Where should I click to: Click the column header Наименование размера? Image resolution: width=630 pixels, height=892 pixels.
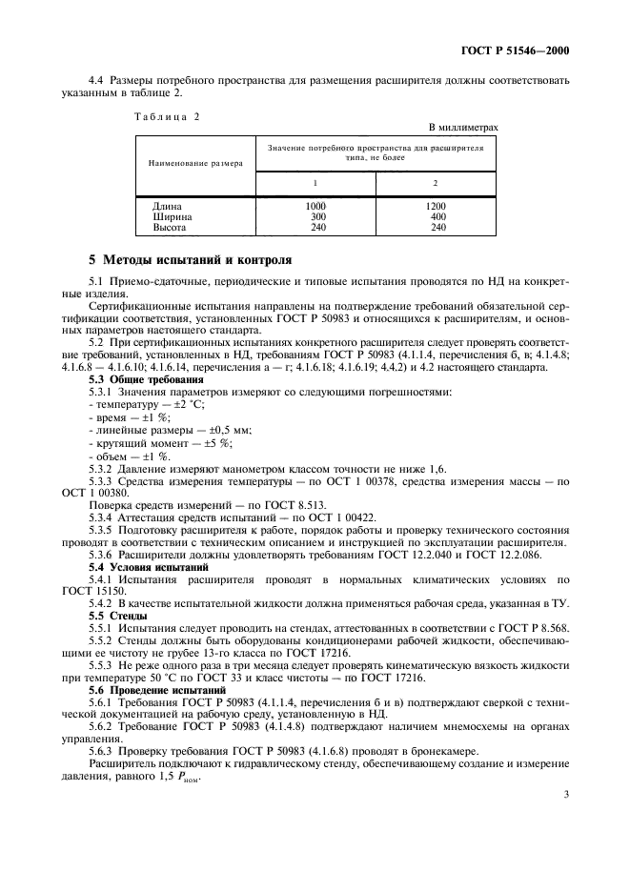click(x=195, y=163)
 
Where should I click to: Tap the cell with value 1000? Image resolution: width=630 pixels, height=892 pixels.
click(x=315, y=206)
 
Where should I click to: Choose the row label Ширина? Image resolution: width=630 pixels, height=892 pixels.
click(x=173, y=216)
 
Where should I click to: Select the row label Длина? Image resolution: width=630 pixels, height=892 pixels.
click(x=167, y=206)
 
